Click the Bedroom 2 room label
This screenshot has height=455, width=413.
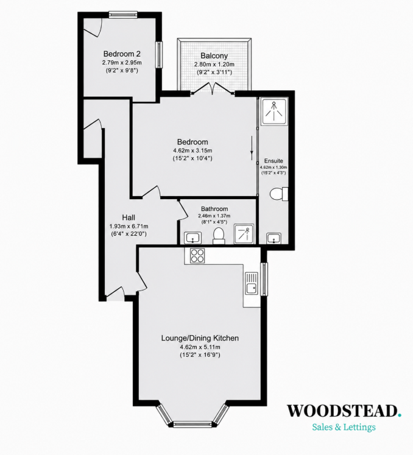tap(122, 54)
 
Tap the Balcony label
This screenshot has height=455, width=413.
tap(214, 55)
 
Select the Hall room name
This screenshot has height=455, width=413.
tap(129, 217)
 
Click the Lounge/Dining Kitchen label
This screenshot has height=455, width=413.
tap(200, 338)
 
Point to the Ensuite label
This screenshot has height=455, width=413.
tap(274, 161)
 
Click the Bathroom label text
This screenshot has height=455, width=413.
tap(214, 209)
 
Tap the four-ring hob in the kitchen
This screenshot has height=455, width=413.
tap(197, 256)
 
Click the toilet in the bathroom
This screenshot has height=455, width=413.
tap(219, 235)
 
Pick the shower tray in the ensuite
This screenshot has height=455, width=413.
tap(274, 111)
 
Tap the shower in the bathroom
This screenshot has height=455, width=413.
tap(244, 234)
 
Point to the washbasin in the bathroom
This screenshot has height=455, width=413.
tap(193, 238)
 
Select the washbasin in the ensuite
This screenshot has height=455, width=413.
tap(274, 238)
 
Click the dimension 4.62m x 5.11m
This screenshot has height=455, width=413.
tap(200, 347)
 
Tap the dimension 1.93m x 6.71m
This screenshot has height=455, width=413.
tap(129, 226)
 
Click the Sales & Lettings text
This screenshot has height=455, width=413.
tap(344, 427)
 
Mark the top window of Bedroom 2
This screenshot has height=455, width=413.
tap(123, 15)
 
